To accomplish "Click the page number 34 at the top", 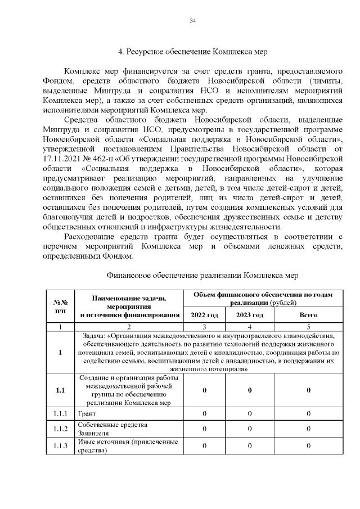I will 192,21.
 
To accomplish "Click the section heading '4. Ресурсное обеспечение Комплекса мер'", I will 192,52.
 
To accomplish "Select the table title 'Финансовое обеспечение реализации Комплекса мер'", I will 201,275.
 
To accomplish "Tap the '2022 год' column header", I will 204,315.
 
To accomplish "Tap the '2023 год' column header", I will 250,315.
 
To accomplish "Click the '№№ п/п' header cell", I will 60,306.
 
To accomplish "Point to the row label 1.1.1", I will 60,414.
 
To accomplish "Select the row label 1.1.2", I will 60,430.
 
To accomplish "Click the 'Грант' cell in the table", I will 84,414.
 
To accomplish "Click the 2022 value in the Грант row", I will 204,414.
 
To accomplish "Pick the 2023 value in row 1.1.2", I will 250,430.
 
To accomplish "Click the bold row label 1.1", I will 60,391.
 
